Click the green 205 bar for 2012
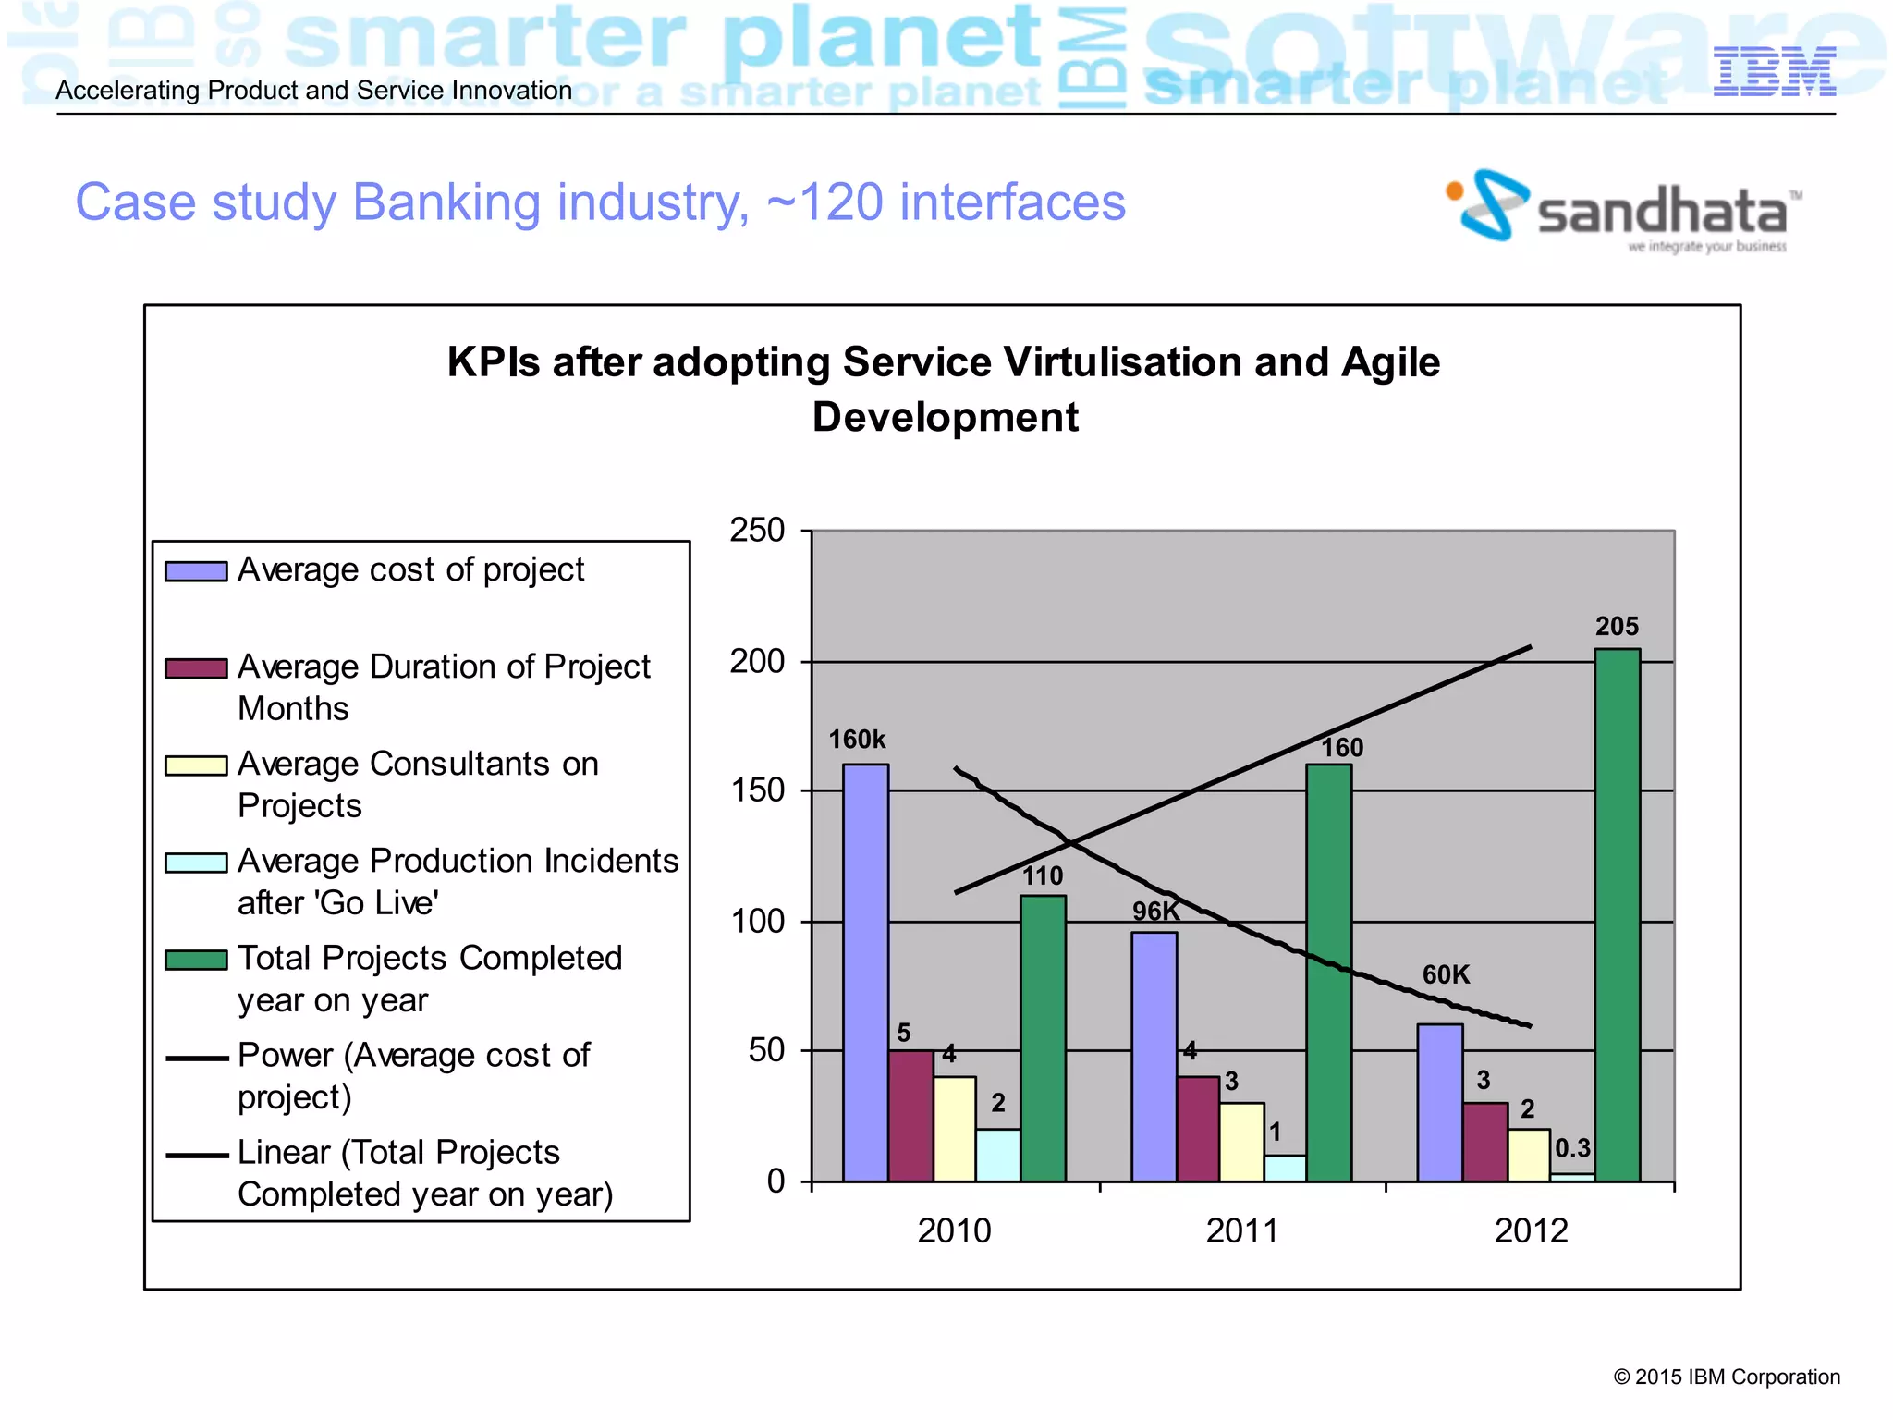click(x=1617, y=915)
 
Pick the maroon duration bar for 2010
click(x=910, y=1116)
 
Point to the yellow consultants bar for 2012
click(x=1529, y=1155)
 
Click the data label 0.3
click(x=1571, y=1148)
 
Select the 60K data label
click(x=1446, y=974)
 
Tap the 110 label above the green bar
click(x=1043, y=875)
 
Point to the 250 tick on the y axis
click(x=757, y=531)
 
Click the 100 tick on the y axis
click(x=757, y=922)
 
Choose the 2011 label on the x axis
click(x=1242, y=1230)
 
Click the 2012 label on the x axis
click(x=1531, y=1230)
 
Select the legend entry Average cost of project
click(x=410, y=569)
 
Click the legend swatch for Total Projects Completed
click(x=196, y=961)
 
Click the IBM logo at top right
click(x=1774, y=71)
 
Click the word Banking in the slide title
click(x=446, y=202)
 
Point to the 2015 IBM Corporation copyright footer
click(x=1726, y=1377)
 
